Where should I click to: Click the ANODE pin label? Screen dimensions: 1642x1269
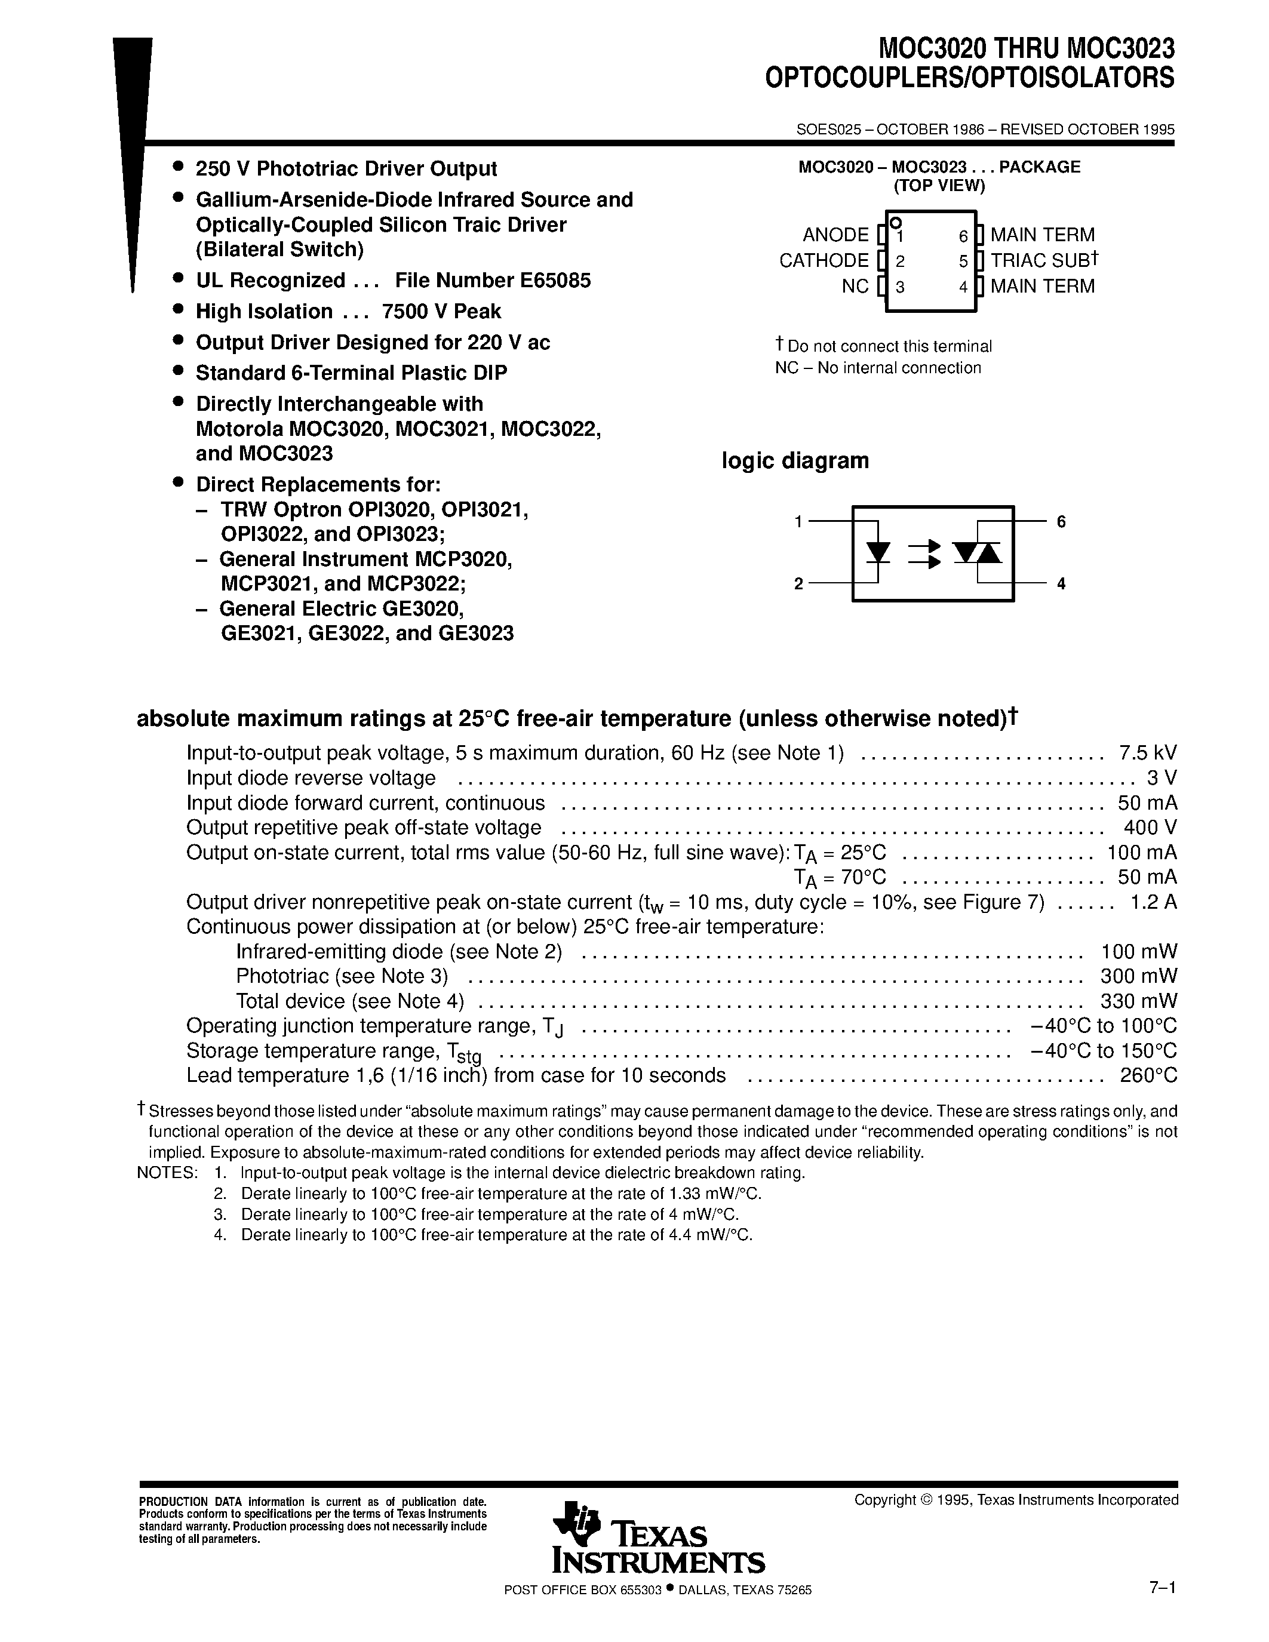[835, 235]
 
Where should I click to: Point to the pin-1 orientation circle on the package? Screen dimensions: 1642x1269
[895, 223]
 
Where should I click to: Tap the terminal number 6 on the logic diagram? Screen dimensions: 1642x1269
[1061, 522]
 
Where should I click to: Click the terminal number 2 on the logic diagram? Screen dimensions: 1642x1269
[798, 584]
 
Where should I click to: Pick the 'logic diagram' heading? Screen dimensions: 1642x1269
[795, 460]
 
